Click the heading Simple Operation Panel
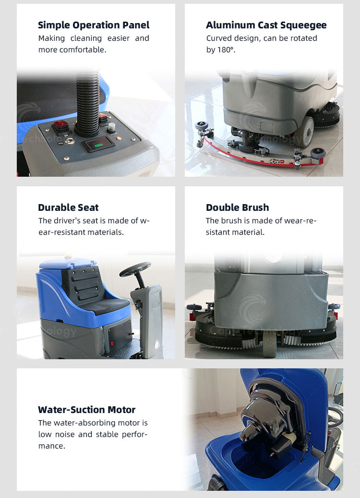(x=94, y=25)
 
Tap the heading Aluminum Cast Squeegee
(x=266, y=25)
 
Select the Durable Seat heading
(x=68, y=207)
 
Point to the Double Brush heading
(x=238, y=207)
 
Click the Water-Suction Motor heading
(x=87, y=410)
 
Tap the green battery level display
(x=98, y=145)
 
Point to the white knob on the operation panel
(x=111, y=128)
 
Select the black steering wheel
(x=135, y=269)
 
